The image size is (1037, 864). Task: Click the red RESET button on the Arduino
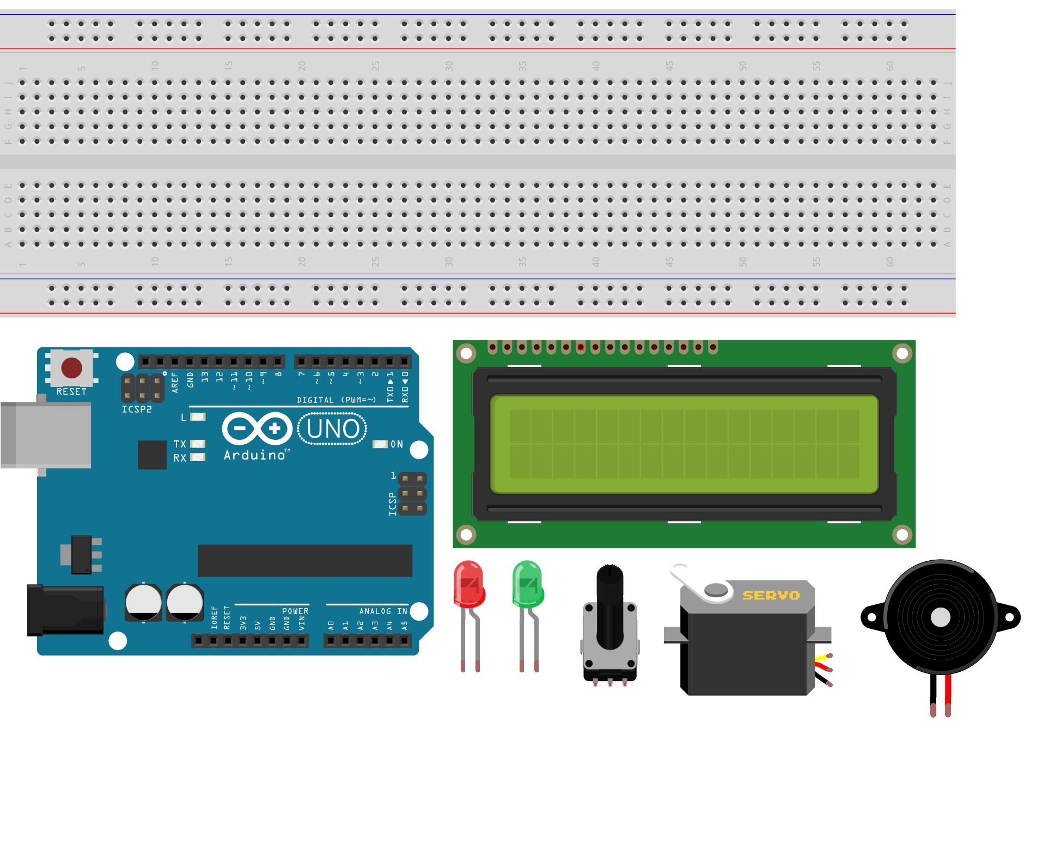(71, 367)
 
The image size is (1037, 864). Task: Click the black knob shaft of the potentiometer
(609, 604)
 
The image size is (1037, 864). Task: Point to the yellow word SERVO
(771, 596)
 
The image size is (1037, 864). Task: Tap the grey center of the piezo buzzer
(941, 617)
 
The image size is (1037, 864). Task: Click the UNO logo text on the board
(332, 429)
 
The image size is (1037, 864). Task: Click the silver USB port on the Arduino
(46, 434)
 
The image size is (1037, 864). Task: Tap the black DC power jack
(65, 610)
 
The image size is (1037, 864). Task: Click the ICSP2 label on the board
(137, 409)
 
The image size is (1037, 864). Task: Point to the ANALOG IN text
(383, 611)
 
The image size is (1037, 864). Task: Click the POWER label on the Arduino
(295, 611)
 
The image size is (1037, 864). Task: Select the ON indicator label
(397, 444)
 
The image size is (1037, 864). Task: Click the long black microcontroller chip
(305, 560)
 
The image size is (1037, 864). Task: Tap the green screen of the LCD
(684, 444)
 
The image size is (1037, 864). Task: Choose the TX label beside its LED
(180, 444)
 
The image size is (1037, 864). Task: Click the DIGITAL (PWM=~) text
(336, 400)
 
